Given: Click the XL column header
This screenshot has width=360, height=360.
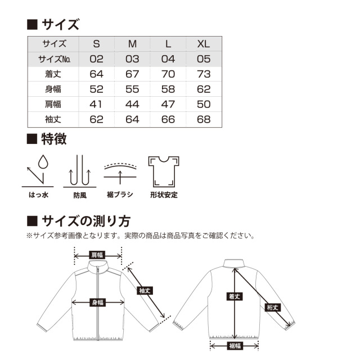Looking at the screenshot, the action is [x=204, y=44].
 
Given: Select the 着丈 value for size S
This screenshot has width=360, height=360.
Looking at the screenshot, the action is [x=96, y=74].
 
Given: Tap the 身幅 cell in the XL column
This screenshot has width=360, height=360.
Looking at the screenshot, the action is [x=204, y=89].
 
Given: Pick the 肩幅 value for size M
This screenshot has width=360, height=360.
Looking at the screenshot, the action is [x=132, y=104].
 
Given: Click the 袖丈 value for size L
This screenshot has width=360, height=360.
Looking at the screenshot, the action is [x=168, y=119].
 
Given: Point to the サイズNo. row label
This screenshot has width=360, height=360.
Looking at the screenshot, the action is [x=54, y=59].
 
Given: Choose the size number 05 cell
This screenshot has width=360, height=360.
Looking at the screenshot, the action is [x=204, y=59].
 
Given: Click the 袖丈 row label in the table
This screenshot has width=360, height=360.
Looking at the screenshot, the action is [x=53, y=119].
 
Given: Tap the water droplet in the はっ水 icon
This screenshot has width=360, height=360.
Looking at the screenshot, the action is [x=43, y=162].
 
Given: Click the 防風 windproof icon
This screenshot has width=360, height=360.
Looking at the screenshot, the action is [x=80, y=171].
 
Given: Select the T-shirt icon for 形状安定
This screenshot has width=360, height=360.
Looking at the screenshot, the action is [x=164, y=172].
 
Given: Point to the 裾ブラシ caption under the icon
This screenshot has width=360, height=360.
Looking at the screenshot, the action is [x=120, y=195].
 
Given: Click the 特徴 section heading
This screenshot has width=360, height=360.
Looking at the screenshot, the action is [x=54, y=139].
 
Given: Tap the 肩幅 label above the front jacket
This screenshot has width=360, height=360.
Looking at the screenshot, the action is [x=97, y=255].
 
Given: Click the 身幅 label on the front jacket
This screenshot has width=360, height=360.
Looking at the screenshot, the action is [x=98, y=303].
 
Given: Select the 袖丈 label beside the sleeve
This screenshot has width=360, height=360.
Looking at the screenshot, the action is [x=145, y=291].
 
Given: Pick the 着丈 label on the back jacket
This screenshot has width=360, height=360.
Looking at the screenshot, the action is [x=235, y=296].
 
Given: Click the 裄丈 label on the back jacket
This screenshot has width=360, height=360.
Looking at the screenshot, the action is [x=272, y=307].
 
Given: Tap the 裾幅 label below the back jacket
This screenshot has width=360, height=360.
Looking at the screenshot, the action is [x=235, y=345].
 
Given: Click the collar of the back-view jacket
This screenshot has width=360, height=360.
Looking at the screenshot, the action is [x=234, y=264].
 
